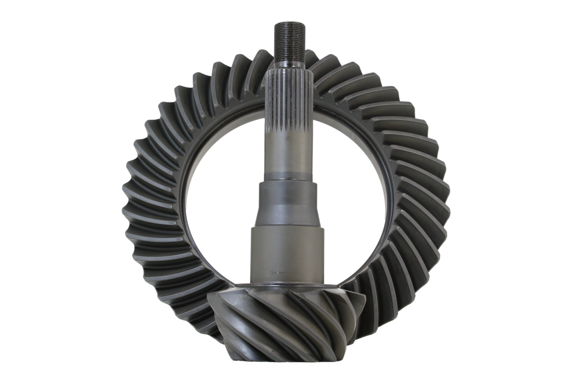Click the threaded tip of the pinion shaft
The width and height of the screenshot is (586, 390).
coord(291,39)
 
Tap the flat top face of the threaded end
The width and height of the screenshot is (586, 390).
coord(291,23)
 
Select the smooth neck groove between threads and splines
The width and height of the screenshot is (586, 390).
coord(291,67)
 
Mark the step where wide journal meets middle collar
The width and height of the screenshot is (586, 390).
coord(288,227)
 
